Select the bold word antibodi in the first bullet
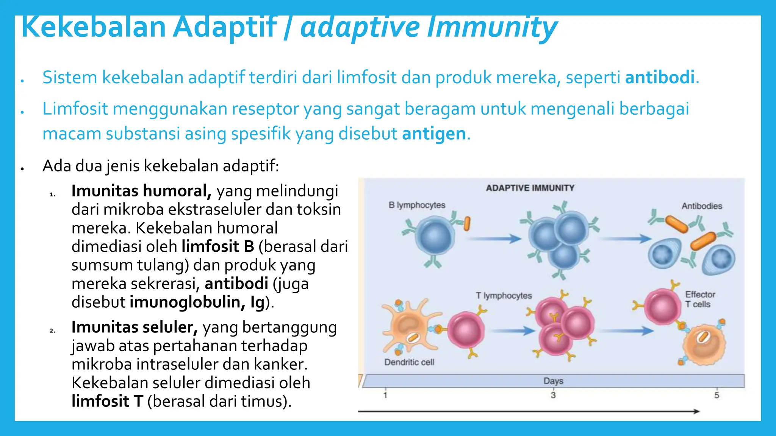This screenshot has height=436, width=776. [659, 78]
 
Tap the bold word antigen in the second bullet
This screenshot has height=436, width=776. [433, 134]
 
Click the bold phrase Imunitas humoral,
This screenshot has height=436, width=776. [141, 191]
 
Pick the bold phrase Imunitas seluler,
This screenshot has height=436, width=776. [135, 327]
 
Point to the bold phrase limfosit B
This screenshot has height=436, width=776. [217, 246]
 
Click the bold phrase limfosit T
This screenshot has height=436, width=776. [107, 401]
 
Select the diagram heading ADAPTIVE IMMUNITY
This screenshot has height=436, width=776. [530, 188]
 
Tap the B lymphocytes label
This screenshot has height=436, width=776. [417, 205]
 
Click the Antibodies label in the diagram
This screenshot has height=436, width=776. [702, 206]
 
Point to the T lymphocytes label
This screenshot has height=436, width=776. [504, 296]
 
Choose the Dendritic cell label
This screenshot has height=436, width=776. [409, 362]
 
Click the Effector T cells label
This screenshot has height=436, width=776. [699, 299]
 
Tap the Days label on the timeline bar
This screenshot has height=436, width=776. [553, 381]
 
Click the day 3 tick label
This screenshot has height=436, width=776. [553, 396]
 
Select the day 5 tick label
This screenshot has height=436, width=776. [717, 396]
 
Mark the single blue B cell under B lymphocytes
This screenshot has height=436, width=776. [434, 238]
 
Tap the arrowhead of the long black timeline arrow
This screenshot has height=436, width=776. [696, 411]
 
